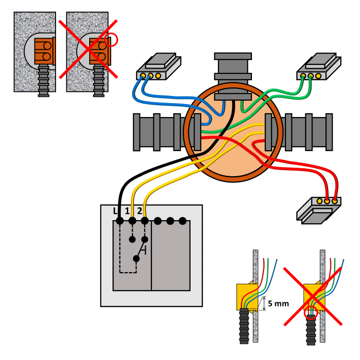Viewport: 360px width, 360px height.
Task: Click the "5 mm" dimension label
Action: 278,304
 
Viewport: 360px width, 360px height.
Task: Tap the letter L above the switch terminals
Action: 115,210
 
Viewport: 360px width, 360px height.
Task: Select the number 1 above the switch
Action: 127,210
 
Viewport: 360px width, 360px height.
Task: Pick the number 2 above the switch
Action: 139,210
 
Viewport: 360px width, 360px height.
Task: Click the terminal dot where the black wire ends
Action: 120,221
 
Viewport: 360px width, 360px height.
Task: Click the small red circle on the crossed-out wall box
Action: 111,41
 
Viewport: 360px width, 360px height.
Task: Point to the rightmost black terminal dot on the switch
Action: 182,221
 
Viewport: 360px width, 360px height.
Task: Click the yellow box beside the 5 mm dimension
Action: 245,296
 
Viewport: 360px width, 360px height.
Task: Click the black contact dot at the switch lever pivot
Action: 136,259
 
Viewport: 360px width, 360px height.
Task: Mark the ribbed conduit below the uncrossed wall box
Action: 43,81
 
